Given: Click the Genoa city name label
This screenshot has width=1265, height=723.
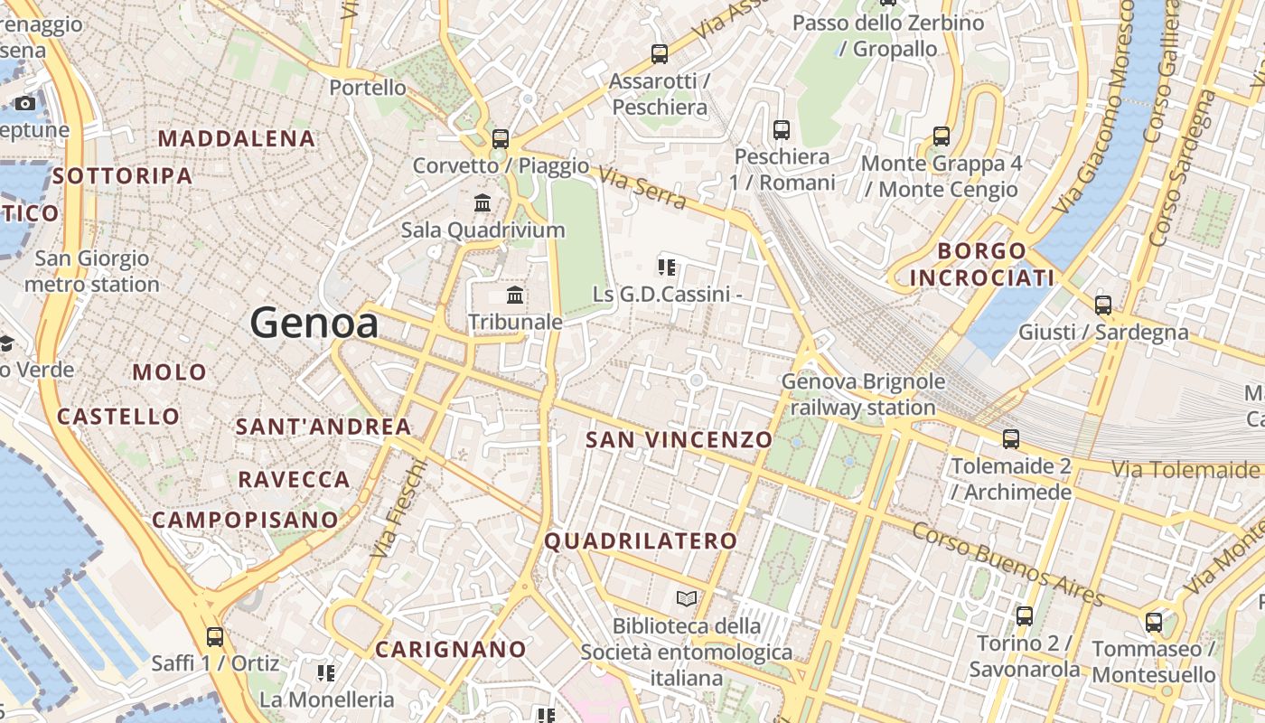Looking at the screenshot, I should click(x=314, y=323).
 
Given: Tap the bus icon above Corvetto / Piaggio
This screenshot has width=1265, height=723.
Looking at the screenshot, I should click(x=501, y=139).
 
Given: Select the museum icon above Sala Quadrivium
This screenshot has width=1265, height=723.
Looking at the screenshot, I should click(x=483, y=203).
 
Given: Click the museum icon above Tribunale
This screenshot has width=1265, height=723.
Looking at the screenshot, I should click(x=515, y=295).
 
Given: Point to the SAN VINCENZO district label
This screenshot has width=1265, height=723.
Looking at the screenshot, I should click(x=679, y=440).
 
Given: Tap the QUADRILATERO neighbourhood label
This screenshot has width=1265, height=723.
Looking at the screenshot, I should click(x=641, y=541).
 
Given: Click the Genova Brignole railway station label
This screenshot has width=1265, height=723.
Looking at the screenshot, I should click(x=863, y=394).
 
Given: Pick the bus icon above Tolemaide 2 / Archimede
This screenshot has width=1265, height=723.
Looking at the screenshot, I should click(x=1011, y=439).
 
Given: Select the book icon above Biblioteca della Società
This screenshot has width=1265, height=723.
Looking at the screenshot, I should click(x=687, y=598).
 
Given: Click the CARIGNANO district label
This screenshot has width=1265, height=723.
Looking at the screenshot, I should click(x=451, y=649).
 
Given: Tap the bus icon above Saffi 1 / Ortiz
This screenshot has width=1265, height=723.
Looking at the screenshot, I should click(x=215, y=636).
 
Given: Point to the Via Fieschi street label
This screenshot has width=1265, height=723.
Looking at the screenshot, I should click(x=399, y=508).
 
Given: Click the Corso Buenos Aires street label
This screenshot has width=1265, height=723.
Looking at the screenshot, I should click(x=1007, y=565).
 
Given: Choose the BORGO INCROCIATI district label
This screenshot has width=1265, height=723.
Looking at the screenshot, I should click(x=982, y=264).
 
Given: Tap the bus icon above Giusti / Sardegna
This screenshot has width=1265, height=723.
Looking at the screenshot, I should click(x=1103, y=305).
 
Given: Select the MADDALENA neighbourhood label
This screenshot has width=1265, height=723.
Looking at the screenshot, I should click(x=237, y=138).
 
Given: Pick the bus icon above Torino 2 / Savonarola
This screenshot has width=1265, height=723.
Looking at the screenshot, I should click(x=1025, y=616).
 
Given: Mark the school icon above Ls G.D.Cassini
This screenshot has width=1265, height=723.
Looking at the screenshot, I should click(x=667, y=267).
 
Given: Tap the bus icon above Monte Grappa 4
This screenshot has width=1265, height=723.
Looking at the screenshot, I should click(x=942, y=136).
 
